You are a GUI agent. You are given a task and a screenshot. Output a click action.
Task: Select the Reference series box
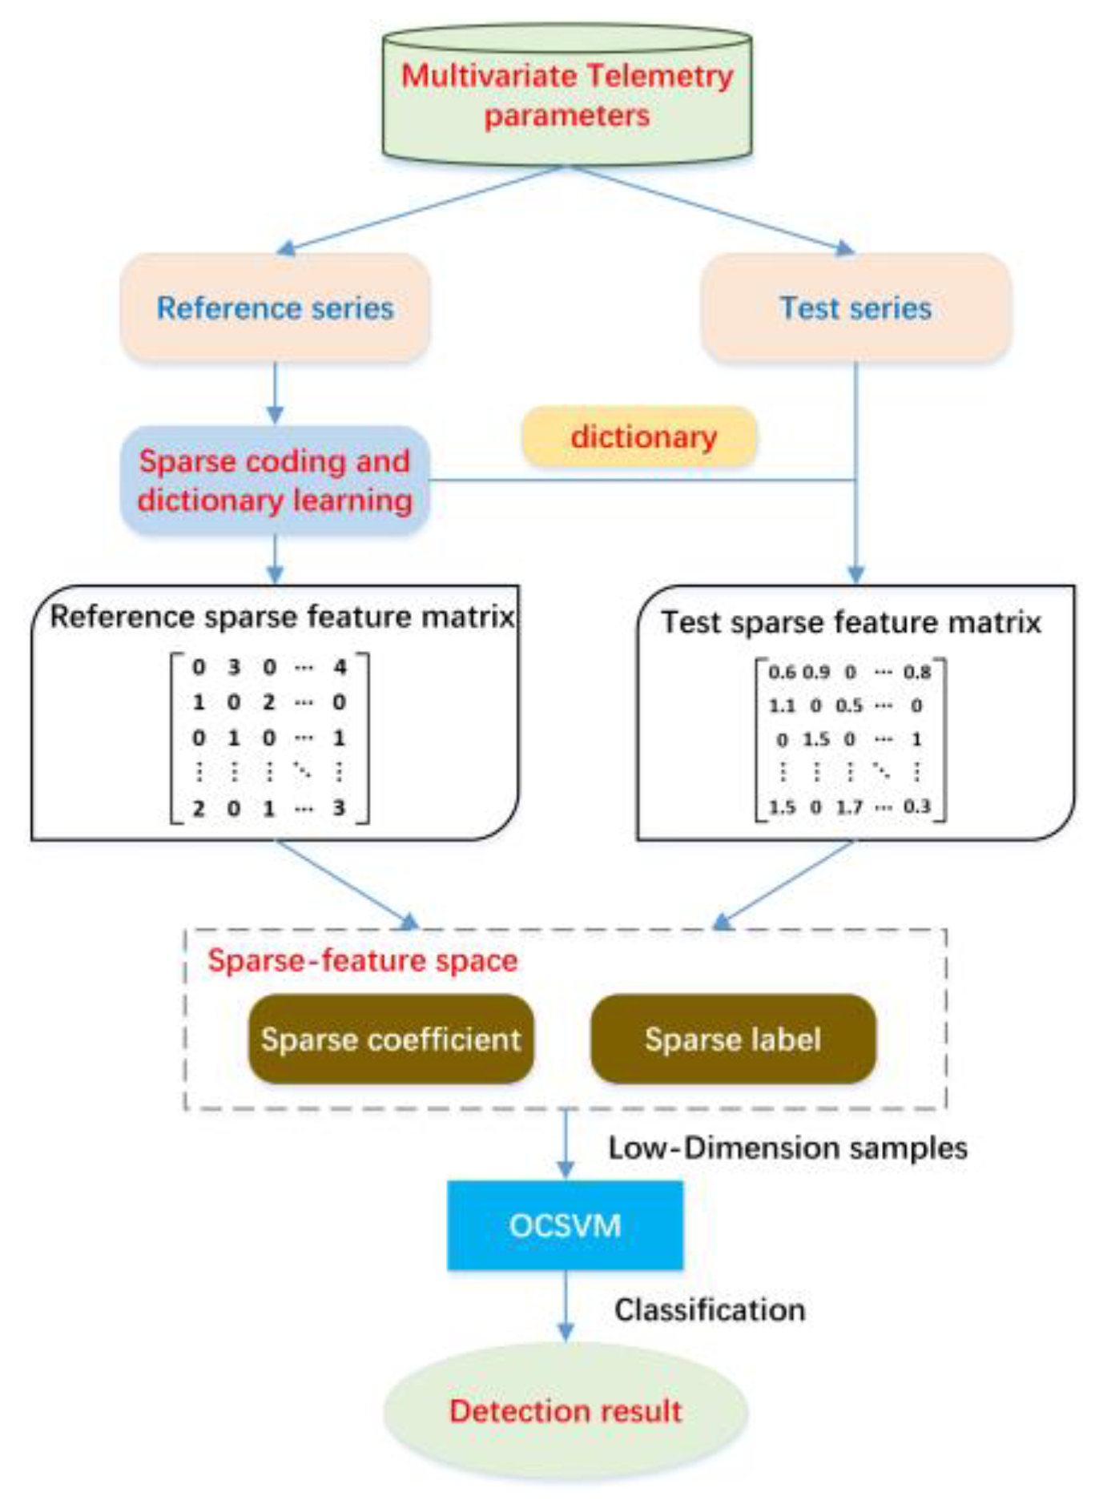click(x=275, y=308)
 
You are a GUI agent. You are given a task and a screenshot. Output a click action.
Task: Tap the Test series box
click(x=855, y=308)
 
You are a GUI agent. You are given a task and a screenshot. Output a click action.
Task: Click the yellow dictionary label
click(x=641, y=437)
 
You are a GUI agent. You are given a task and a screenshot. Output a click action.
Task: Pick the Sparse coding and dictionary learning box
click(x=275, y=481)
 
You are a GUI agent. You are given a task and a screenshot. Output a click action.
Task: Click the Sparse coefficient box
click(x=391, y=1039)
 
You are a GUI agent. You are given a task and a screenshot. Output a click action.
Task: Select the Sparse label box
click(x=733, y=1039)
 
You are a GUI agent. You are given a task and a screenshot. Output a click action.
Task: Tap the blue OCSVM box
click(x=566, y=1225)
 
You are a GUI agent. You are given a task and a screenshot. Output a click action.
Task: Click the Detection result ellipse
click(x=566, y=1411)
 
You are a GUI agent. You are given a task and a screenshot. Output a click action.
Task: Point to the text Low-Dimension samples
click(x=787, y=1148)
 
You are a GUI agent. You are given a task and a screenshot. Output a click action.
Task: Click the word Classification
click(x=710, y=1310)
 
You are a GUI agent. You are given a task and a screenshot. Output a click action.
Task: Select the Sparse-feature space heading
click(x=363, y=960)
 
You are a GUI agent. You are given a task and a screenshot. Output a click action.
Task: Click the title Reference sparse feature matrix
click(x=282, y=617)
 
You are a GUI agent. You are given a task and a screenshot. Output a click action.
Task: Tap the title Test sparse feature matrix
click(x=851, y=622)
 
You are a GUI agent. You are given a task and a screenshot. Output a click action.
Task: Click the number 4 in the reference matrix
click(x=340, y=666)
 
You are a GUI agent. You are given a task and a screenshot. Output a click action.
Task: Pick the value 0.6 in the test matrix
click(x=782, y=672)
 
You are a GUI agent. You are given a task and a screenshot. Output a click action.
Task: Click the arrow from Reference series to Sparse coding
click(x=275, y=392)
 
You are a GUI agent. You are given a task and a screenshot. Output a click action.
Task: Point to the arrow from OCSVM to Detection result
click(x=566, y=1305)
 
